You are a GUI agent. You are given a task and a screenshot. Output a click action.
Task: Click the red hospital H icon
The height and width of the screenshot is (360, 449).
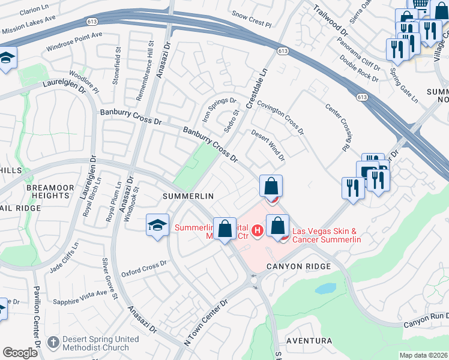pos(258,230)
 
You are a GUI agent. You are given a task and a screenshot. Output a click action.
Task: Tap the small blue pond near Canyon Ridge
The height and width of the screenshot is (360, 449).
pos(325,289)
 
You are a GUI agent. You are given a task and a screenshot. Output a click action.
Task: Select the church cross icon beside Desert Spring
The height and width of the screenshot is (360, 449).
pos(53,343)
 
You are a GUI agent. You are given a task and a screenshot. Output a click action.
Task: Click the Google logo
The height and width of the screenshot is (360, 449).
pos(20,353)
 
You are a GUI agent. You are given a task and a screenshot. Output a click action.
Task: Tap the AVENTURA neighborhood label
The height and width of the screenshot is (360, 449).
pos(309,341)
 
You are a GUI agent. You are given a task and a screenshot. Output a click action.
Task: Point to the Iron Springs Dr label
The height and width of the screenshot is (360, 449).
pos(219,110)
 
